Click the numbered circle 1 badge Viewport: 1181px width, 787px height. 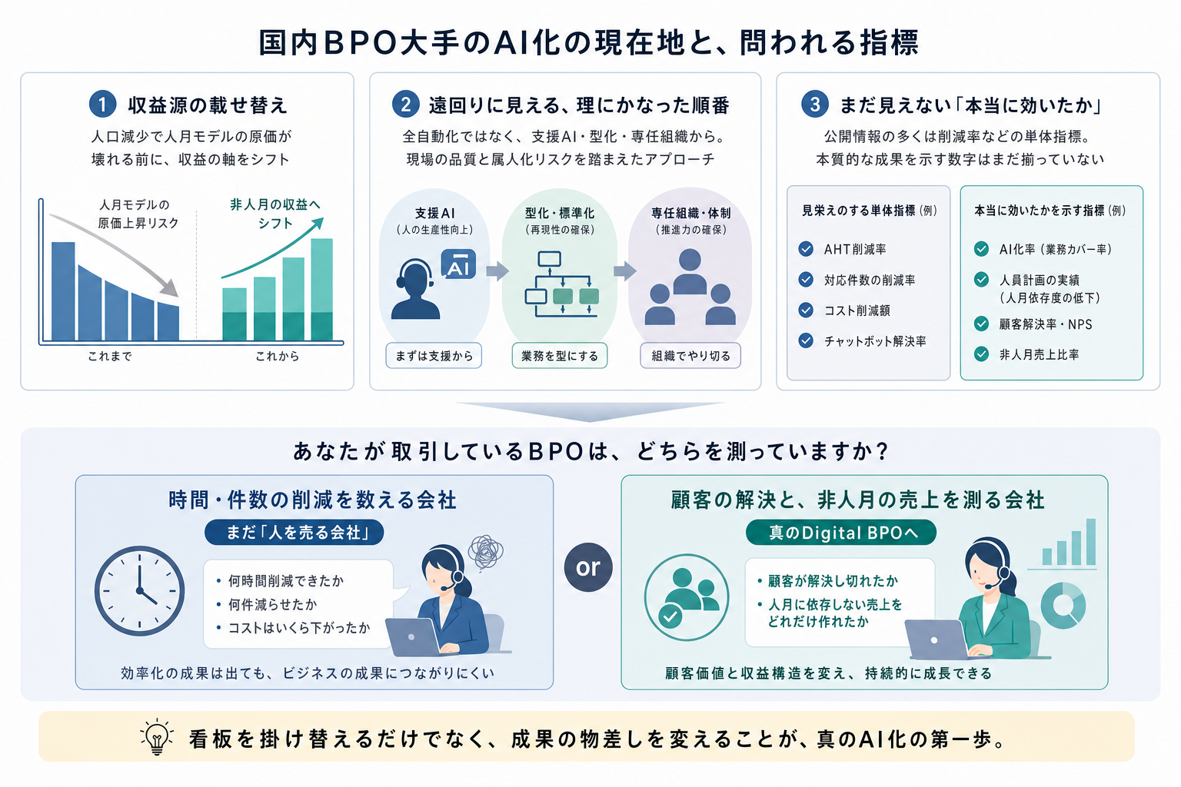point(103,104)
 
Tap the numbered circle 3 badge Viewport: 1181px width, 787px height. point(814,104)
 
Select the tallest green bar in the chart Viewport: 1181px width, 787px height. point(321,290)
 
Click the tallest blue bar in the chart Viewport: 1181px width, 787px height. point(63,291)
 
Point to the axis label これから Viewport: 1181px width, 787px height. point(278,357)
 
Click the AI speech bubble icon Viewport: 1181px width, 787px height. point(458,264)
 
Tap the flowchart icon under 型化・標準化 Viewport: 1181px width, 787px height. point(562,284)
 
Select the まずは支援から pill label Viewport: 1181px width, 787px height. point(434,356)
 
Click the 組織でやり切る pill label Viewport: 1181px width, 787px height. point(690,356)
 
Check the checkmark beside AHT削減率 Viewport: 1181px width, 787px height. point(806,249)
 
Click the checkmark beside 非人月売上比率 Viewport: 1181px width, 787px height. point(981,354)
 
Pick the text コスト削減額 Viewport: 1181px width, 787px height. point(857,310)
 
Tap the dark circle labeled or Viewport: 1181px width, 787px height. point(588,567)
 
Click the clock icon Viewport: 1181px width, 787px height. point(140,591)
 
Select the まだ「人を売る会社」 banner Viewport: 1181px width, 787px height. point(294,533)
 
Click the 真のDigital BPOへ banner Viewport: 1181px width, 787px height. point(841,533)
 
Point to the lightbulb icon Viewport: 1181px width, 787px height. point(157,736)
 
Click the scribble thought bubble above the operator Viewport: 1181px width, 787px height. point(485,553)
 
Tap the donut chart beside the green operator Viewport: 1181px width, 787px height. point(1063,605)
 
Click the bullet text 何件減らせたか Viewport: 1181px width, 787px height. point(273,605)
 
